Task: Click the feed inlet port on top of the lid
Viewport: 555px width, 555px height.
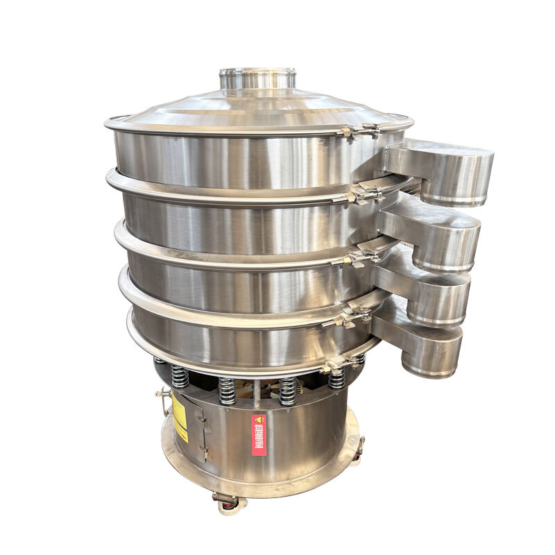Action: [x=257, y=78]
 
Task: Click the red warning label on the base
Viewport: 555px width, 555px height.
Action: [x=259, y=435]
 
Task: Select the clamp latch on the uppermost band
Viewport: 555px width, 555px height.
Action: [x=361, y=130]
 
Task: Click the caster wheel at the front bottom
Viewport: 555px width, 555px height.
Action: [x=226, y=501]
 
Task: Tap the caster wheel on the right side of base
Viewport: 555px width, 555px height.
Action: [x=358, y=451]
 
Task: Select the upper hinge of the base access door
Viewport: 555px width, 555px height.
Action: [x=202, y=418]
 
